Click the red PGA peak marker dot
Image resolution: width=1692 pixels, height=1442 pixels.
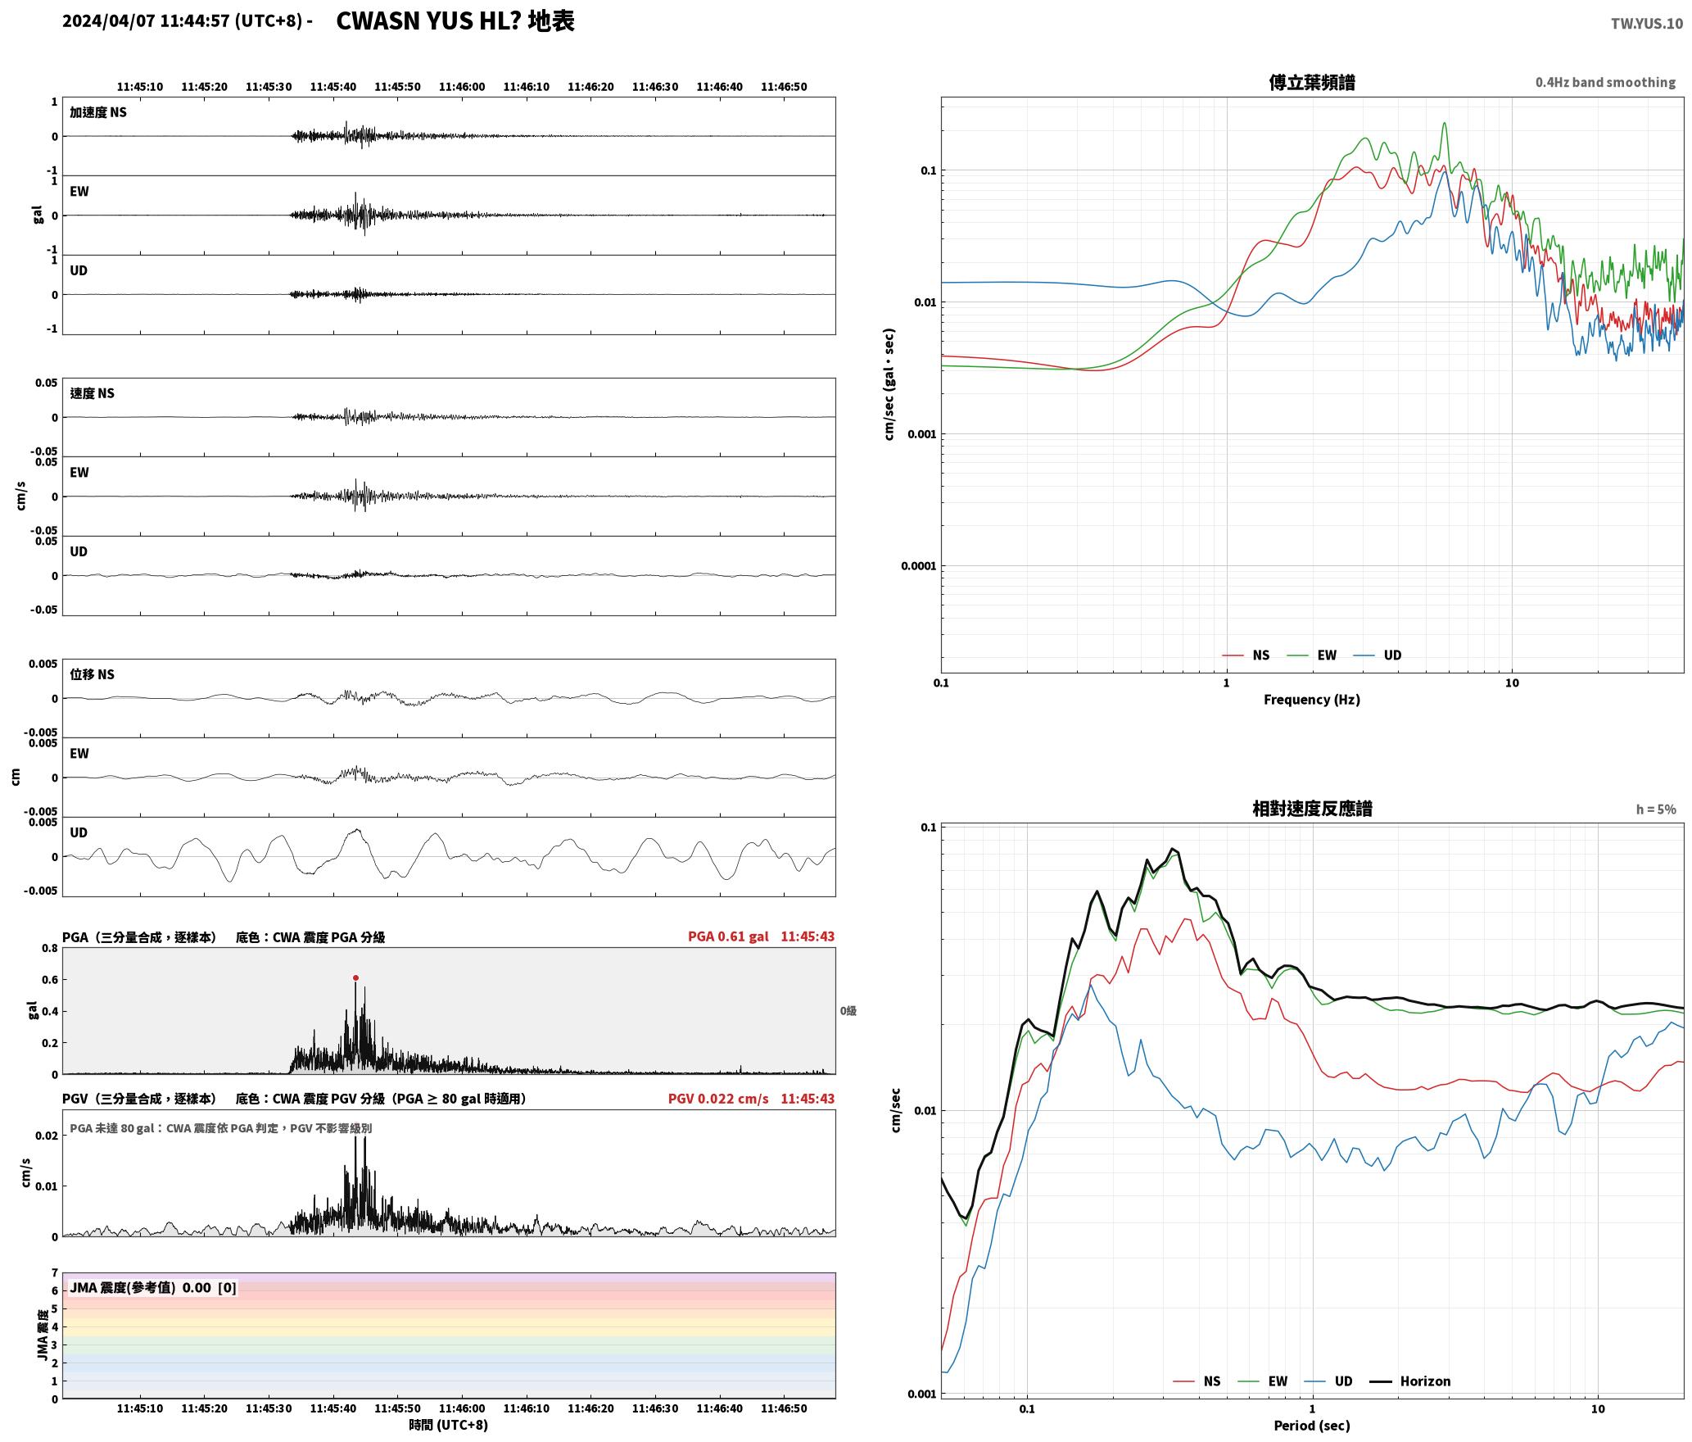(x=355, y=977)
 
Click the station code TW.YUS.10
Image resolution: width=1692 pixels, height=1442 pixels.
(x=1646, y=23)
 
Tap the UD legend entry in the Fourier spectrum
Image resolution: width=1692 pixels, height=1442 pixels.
(x=1378, y=655)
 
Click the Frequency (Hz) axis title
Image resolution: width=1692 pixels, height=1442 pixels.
(x=1311, y=699)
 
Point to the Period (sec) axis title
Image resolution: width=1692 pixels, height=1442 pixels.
(x=1311, y=1425)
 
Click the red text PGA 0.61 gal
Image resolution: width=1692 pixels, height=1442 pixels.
(x=728, y=936)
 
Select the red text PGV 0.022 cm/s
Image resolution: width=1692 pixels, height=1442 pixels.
(x=718, y=1098)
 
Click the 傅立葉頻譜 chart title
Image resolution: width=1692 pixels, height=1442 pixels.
(x=1311, y=82)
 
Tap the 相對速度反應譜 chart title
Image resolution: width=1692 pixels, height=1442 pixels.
(x=1312, y=808)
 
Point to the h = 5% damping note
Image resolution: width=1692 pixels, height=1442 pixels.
(x=1656, y=809)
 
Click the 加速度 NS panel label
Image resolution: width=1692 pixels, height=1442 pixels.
(x=98, y=112)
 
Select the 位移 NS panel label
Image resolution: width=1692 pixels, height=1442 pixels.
(x=92, y=674)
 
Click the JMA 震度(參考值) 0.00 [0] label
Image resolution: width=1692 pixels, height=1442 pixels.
(x=153, y=1287)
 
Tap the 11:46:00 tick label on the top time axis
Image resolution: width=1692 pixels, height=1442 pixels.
(x=462, y=86)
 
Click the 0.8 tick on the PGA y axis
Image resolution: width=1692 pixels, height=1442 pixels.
(x=50, y=948)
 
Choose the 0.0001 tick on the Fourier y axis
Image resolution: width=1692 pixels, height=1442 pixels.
(x=918, y=565)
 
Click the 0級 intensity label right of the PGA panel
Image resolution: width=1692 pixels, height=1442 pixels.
(x=848, y=1010)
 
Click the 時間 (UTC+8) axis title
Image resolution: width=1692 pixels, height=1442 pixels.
(x=449, y=1424)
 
